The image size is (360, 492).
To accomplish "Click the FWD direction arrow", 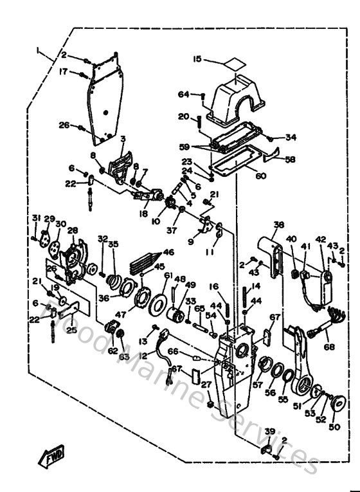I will coord(52,457).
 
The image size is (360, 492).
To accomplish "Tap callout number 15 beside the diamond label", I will coord(197,59).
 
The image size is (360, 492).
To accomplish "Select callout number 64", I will coord(184,95).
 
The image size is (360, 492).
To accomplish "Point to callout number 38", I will coord(278,225).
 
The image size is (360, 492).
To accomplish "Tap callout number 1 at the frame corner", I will coord(39,50).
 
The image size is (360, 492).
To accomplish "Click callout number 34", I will coord(291,137).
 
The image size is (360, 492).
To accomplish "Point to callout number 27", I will coord(206,385).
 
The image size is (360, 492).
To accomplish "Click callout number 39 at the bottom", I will coord(270,431).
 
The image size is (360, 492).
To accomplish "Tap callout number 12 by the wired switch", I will coord(143,356).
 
